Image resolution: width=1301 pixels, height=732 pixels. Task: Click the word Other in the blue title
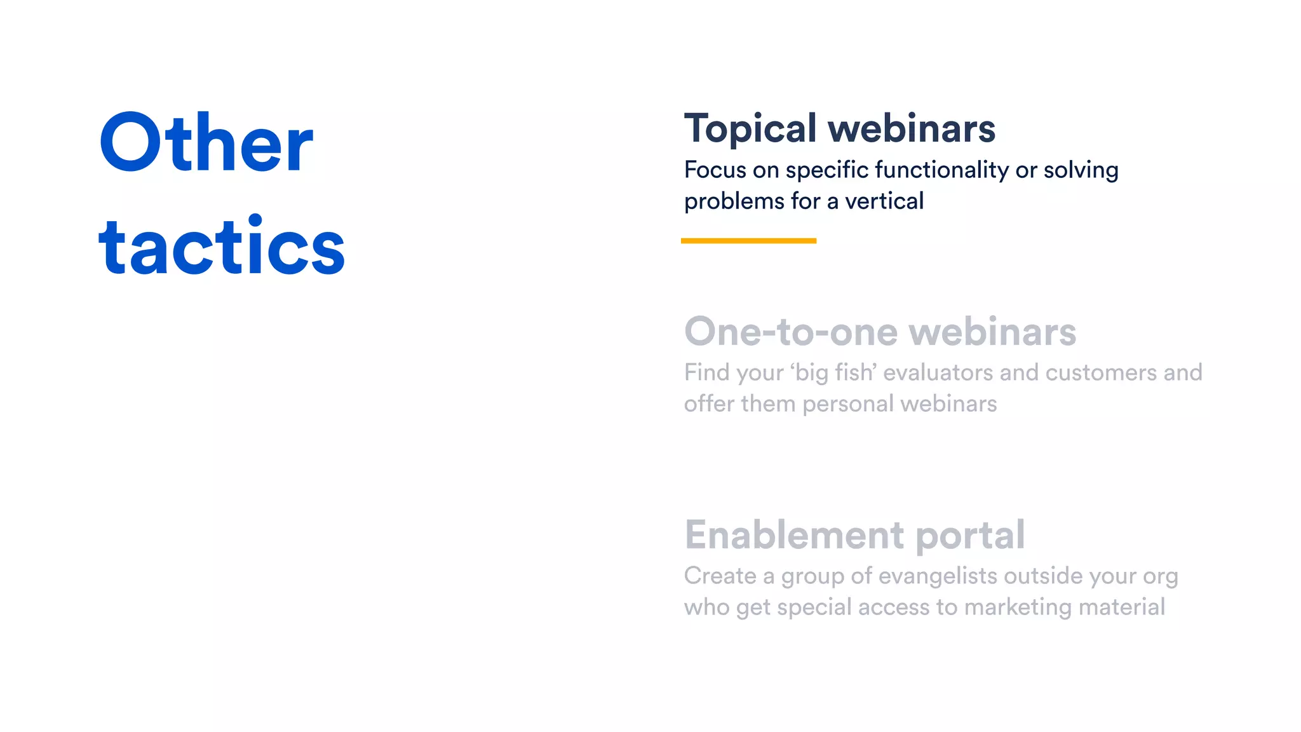pos(206,143)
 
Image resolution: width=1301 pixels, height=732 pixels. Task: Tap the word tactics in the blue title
pos(222,247)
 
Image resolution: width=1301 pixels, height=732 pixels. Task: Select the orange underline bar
pos(748,241)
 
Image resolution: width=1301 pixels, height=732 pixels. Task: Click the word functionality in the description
pos(941,170)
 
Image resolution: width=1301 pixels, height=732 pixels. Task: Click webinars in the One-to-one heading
pos(992,332)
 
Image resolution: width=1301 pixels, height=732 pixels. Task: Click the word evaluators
pos(938,372)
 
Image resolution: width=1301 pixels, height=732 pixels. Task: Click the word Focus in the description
pos(715,170)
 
